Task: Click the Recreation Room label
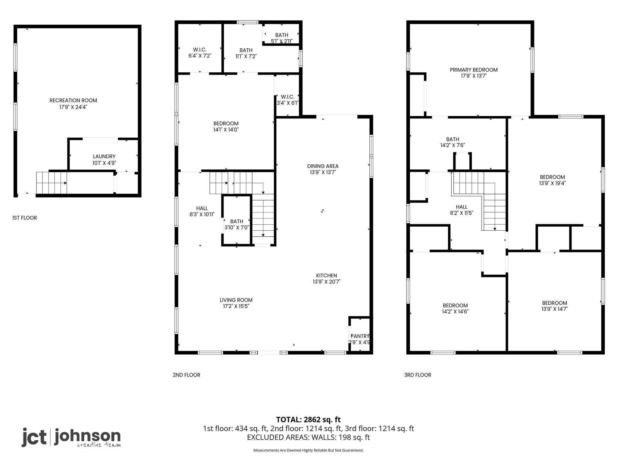[73, 100]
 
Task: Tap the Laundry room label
[104, 156]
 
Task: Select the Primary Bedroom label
[474, 70]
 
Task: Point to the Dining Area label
[323, 166]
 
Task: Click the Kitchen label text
[327, 276]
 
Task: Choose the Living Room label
[236, 300]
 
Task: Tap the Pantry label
[360, 336]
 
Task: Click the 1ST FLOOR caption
[25, 218]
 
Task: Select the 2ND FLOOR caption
[186, 375]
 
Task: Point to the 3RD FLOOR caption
[418, 375]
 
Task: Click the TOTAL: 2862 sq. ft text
[308, 419]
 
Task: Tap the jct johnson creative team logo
[71, 437]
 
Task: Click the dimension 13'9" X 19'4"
[552, 183]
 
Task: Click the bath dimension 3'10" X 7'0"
[236, 227]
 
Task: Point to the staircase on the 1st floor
[52, 183]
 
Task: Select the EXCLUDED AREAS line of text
[308, 437]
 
